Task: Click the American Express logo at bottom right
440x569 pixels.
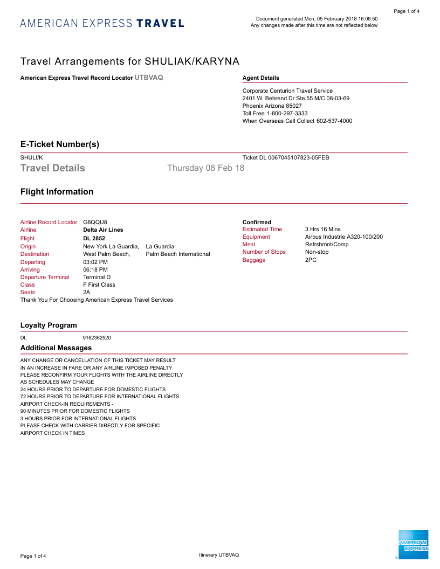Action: coord(413,545)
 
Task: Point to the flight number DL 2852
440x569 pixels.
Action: coord(94,238)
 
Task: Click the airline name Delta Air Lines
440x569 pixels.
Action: coord(103,230)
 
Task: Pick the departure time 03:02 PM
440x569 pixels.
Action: coord(95,262)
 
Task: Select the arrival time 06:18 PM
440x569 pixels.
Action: coord(95,269)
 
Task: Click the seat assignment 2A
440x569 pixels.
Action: coord(87,292)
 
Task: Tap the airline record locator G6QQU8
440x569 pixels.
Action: coord(95,222)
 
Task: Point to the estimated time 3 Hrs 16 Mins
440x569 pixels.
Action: coord(323,230)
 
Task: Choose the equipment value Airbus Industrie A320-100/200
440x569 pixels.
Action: coord(344,237)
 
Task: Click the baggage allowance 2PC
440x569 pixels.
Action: coord(311,260)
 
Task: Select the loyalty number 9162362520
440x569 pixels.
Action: coord(97,338)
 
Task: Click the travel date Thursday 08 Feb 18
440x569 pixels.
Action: coord(205,168)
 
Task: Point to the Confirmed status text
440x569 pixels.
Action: coord(257,222)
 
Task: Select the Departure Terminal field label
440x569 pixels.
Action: coord(45,277)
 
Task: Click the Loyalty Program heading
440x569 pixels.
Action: coord(49,325)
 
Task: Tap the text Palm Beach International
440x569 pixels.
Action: coord(178,254)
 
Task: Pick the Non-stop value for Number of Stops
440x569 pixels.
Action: coord(317,252)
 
